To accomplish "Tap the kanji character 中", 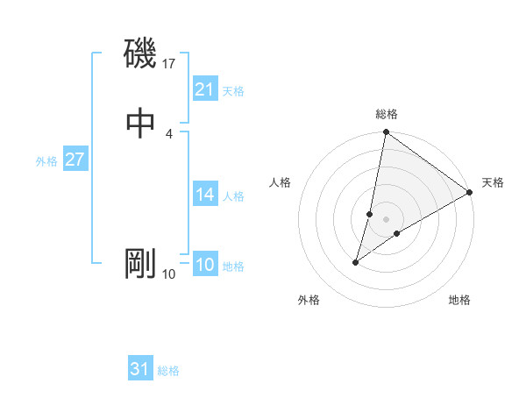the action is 140,122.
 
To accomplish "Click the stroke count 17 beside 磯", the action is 169,63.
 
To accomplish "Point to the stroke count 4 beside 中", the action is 168,133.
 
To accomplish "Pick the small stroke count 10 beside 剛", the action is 169,274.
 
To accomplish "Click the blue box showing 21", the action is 204,89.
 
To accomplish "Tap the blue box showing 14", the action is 204,195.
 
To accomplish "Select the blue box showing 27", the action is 75,160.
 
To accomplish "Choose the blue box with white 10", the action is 204,265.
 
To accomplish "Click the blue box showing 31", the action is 140,369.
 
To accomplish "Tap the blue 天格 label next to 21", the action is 233,91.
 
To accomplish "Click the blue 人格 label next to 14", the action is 233,196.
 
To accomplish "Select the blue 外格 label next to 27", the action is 46,161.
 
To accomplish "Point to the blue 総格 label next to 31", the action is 168,371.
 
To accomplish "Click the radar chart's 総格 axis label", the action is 387,114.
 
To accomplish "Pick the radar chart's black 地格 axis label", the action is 459,300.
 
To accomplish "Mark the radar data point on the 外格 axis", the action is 356,262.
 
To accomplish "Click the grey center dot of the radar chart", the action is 387,219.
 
